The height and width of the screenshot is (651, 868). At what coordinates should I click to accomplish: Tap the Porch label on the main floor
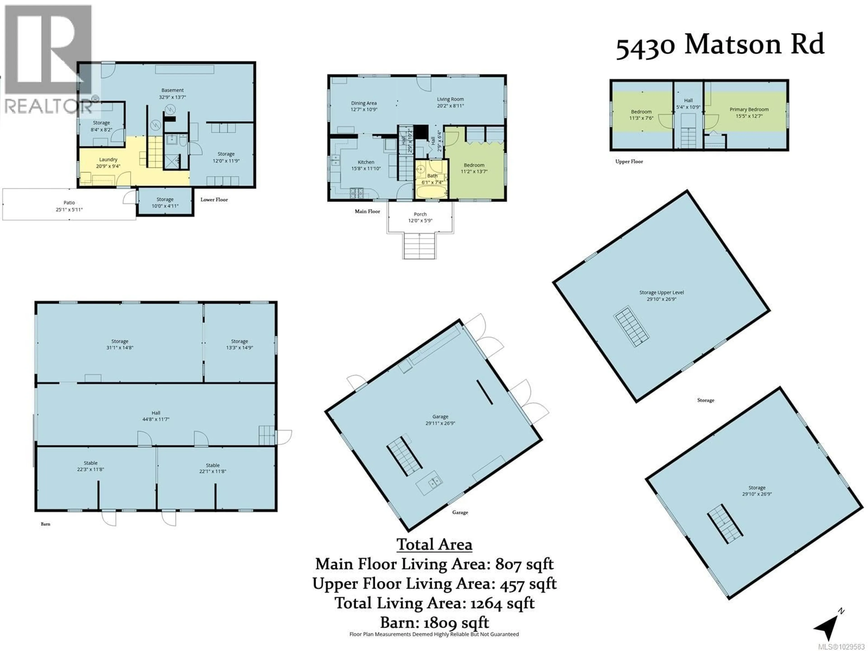pos(420,214)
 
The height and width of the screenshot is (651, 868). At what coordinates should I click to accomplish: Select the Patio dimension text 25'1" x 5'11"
pos(69,210)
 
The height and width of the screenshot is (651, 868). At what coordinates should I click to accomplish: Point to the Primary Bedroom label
pos(749,109)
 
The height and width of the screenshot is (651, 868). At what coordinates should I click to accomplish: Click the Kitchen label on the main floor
pos(366,162)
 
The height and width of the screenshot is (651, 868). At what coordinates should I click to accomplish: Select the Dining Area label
pos(364,103)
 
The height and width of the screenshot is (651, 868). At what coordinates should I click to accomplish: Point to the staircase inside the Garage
pos(404,455)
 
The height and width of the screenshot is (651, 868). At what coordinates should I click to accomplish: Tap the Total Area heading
pos(434,545)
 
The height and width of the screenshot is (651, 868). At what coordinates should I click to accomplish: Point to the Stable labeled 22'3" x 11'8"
pos(91,466)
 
